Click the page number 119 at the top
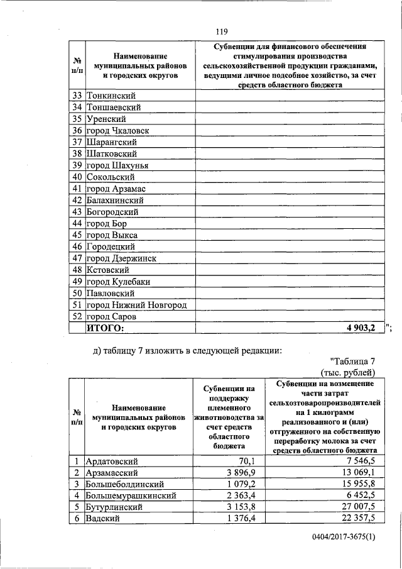pyautogui.click(x=220, y=31)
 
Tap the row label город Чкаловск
pyautogui.click(x=118, y=131)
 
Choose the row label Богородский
pyautogui.click(x=112, y=212)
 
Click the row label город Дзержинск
pyautogui.click(x=121, y=258)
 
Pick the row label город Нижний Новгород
pyautogui.click(x=136, y=304)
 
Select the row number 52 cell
pyautogui.click(x=77, y=316)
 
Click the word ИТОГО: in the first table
pyautogui.click(x=106, y=328)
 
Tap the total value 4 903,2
pyautogui.click(x=361, y=328)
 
